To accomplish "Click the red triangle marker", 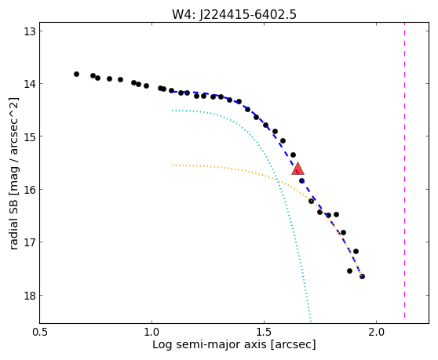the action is [x=297, y=169].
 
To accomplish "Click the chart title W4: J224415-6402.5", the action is [x=234, y=14].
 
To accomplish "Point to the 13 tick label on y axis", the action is [x=29, y=31].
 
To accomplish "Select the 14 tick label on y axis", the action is [x=29, y=84].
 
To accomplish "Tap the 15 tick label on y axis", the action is [x=29, y=136].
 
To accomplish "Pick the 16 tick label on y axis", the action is [x=29, y=190].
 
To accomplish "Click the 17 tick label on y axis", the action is [x=29, y=242].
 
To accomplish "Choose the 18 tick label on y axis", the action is [x=29, y=295].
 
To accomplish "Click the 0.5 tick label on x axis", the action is [x=41, y=333].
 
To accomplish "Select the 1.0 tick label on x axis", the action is [x=152, y=333].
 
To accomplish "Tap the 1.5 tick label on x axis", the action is [x=265, y=333].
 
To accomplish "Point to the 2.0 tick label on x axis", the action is [x=376, y=333].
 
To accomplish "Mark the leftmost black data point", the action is [x=77, y=75].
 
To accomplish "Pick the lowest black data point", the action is [x=362, y=277].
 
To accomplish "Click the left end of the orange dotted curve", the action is [x=173, y=165].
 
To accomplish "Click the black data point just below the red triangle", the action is [x=301, y=181].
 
